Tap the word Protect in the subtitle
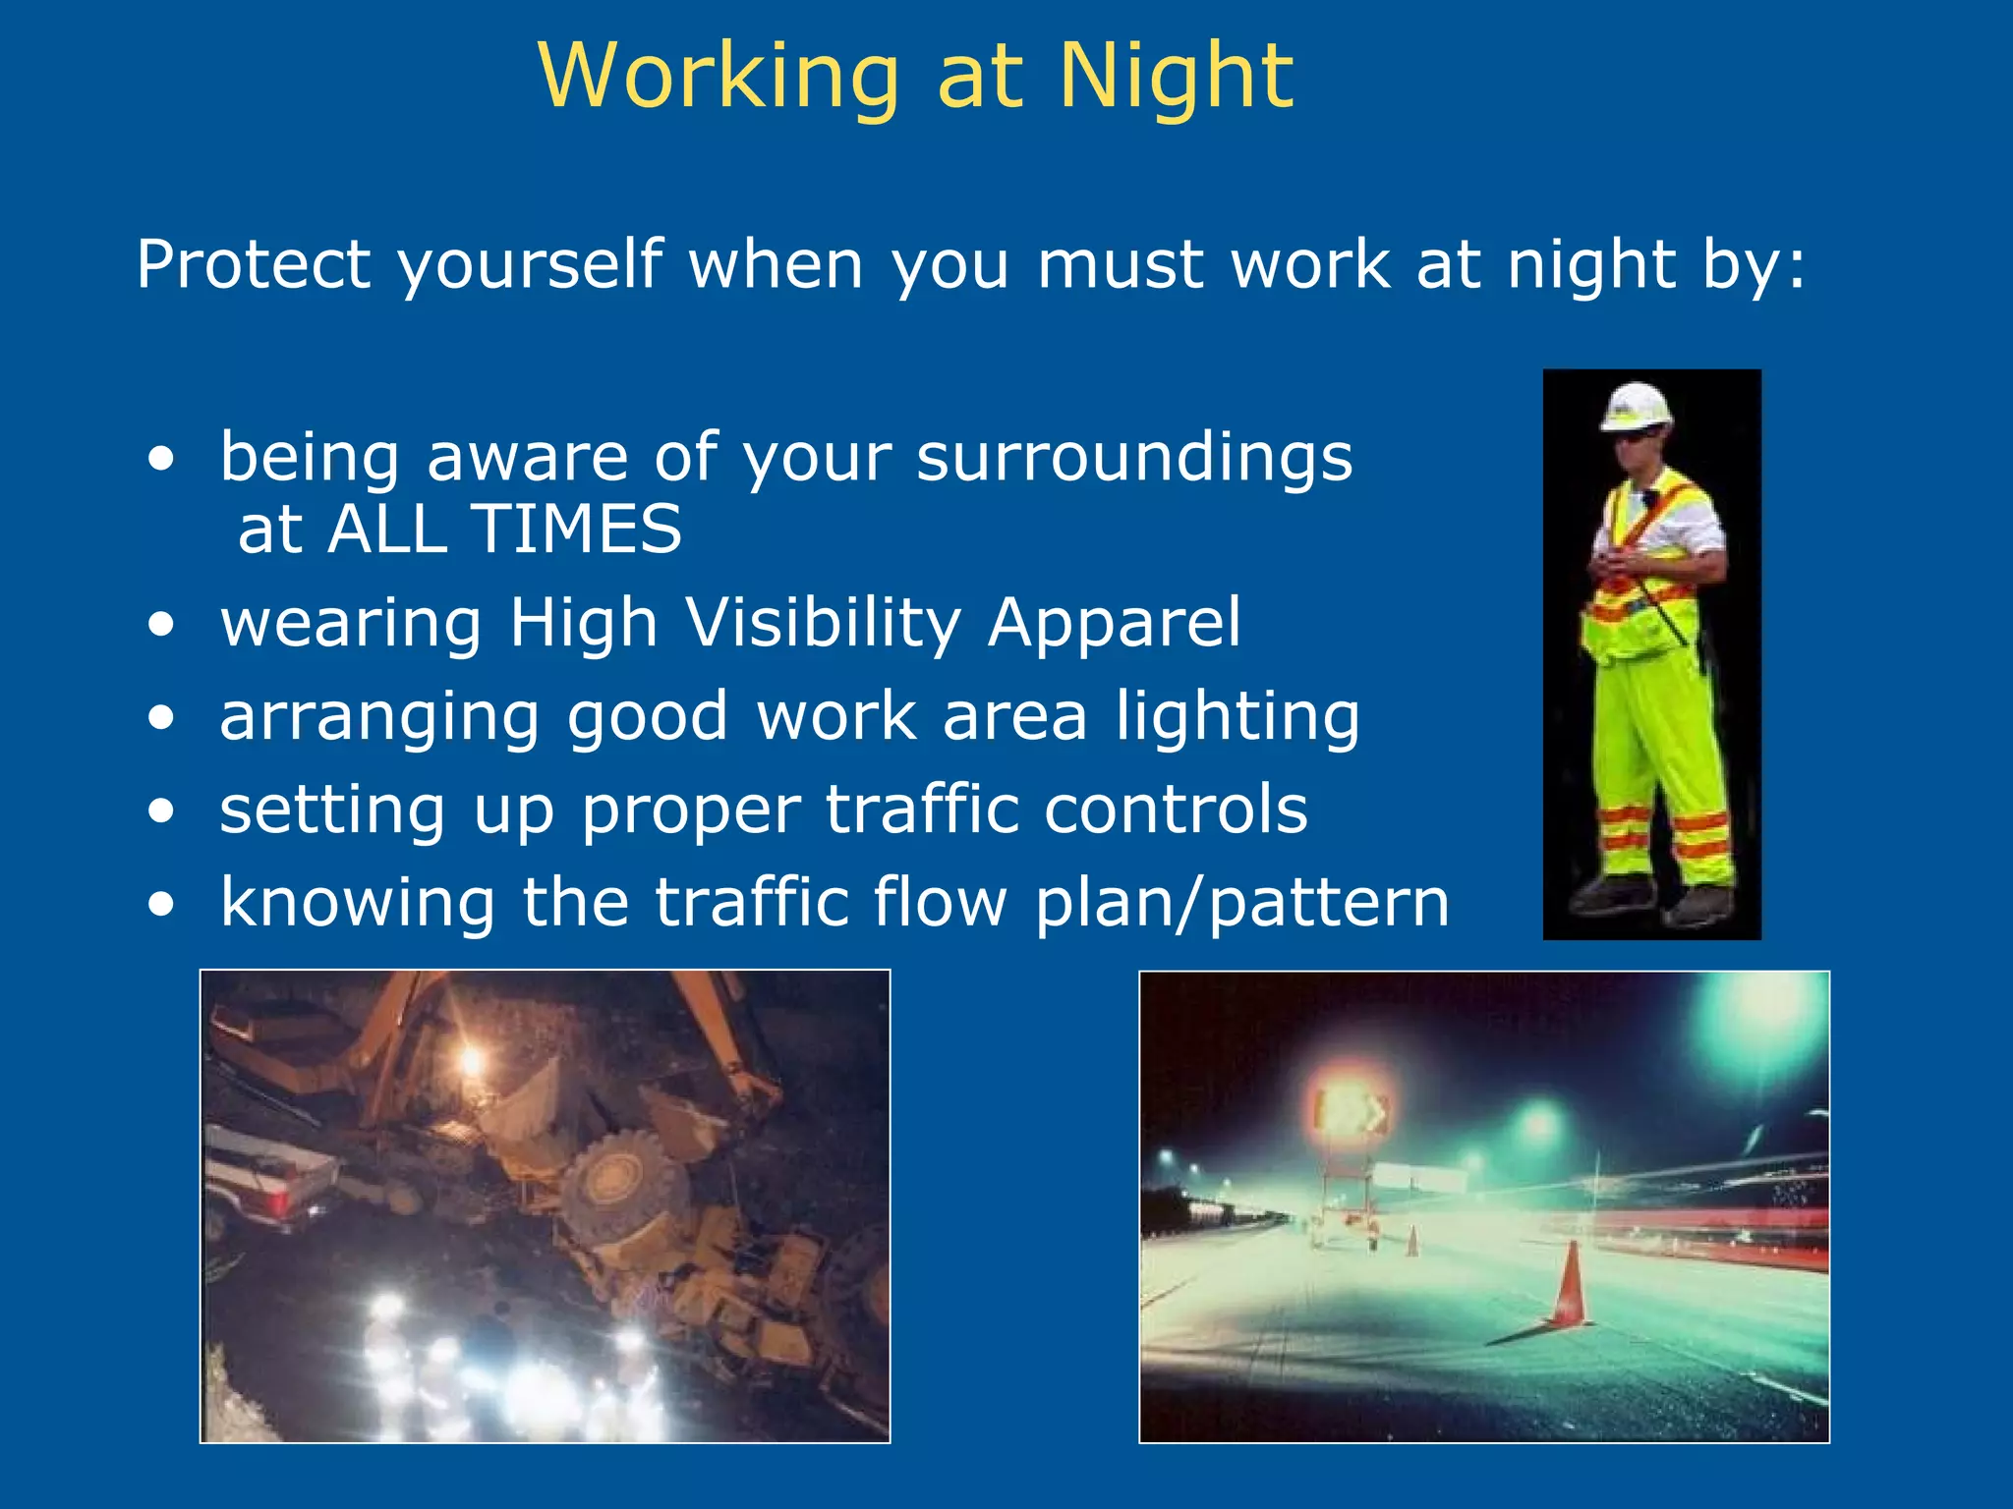pos(254,264)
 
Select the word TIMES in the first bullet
pos(577,530)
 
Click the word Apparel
pos(1115,623)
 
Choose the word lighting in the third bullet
pos(1237,716)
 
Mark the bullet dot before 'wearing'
pos(162,625)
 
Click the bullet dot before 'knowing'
pos(162,904)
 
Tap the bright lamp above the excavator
pos(473,1060)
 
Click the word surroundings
pos(1134,458)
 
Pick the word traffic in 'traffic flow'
pos(751,903)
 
